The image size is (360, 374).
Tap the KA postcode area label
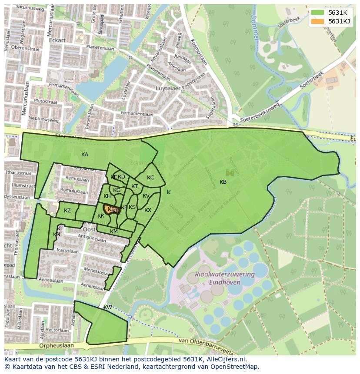point(85,155)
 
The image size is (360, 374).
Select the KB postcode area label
point(223,182)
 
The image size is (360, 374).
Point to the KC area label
point(150,178)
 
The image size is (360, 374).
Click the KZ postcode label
point(67,211)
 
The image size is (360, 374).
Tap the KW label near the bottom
point(107,308)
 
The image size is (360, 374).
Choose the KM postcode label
point(114,232)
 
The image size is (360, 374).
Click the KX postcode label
point(148,210)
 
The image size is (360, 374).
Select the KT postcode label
point(135,186)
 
